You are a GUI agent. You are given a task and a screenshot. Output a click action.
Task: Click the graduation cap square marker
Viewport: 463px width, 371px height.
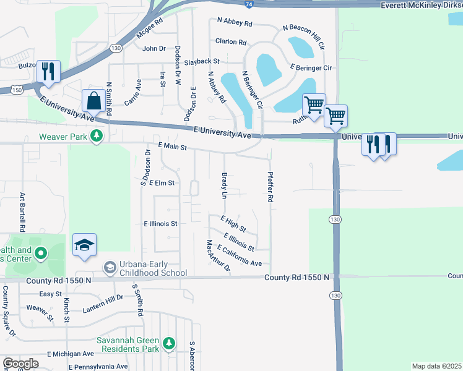click(x=84, y=245)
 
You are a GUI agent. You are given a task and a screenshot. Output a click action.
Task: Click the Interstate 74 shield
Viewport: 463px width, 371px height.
click(x=248, y=4)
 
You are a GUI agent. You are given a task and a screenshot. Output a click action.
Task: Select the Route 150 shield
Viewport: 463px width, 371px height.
click(x=13, y=90)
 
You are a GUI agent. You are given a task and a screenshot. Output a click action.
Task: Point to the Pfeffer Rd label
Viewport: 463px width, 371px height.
click(x=270, y=188)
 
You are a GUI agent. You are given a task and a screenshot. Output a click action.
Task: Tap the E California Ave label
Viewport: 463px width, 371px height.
click(x=239, y=255)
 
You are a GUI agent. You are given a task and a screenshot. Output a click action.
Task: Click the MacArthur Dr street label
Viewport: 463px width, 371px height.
click(x=218, y=256)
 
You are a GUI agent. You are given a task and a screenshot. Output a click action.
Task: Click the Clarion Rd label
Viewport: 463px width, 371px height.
click(x=231, y=42)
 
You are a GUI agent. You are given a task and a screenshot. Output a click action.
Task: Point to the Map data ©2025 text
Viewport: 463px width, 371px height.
click(x=437, y=366)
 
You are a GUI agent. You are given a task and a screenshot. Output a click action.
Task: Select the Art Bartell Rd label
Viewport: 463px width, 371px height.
click(x=22, y=212)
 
